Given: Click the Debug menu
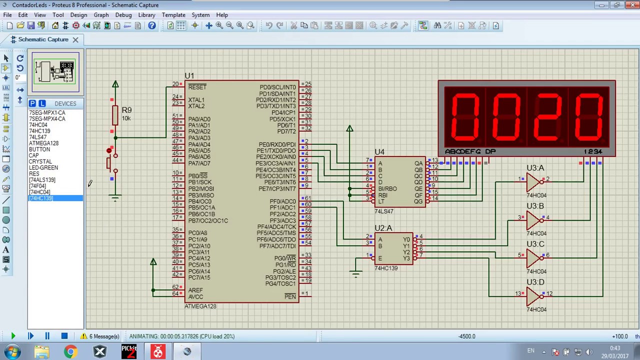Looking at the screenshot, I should coord(123,15).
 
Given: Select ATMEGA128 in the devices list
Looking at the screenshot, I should coord(43,143).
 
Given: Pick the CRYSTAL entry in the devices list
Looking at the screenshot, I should coord(40,161).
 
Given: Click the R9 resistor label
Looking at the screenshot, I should coord(126,110).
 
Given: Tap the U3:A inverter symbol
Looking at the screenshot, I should coord(533,182).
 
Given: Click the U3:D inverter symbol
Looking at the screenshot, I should coord(533,296).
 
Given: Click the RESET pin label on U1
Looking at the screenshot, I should coord(197,87).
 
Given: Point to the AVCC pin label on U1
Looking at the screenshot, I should coord(195,296).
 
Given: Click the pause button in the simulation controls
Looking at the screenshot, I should coord(47,336).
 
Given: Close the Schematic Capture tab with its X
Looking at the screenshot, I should coord(75,39).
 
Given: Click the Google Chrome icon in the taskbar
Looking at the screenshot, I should coord(70,352).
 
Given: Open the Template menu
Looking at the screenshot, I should coord(173,15).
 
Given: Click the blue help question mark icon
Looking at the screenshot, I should coord(152,25).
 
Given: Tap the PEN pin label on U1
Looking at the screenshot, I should coord(290,296).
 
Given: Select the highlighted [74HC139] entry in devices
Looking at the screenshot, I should coord(41,198).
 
